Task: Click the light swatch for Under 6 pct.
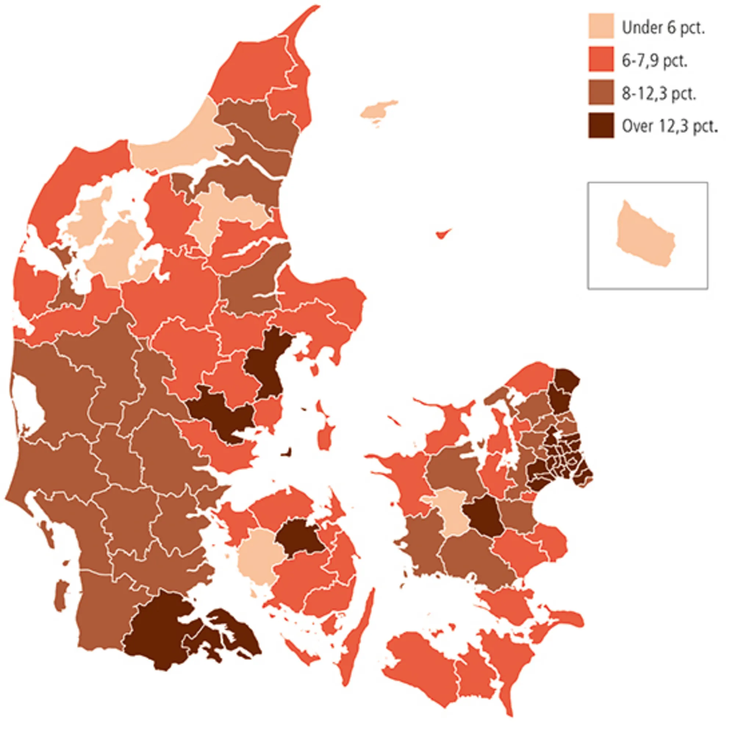click(x=601, y=26)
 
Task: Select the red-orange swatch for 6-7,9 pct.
click(x=601, y=59)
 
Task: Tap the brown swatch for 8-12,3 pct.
click(x=601, y=92)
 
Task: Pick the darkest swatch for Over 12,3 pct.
click(x=601, y=125)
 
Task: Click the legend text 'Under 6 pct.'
click(x=663, y=28)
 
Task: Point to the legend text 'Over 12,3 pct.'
click(x=670, y=126)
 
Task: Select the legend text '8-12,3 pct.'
click(x=659, y=93)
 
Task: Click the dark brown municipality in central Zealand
click(x=484, y=515)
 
